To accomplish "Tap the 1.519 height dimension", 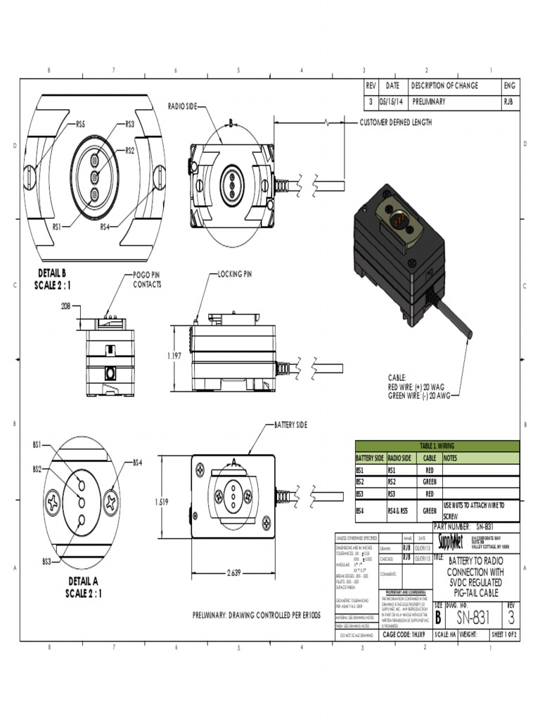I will pos(162,502).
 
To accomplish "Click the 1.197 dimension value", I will pos(174,356).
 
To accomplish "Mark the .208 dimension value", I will pos(65,306).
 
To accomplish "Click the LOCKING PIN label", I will pos(234,273).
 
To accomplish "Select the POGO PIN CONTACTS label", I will pos(147,280).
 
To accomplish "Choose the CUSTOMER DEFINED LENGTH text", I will pos(395,123).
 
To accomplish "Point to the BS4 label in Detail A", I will pos(138,463).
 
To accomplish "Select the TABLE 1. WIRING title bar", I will pos(437,446).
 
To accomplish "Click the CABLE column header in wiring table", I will pos(429,458).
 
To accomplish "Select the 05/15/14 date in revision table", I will pos(390,101).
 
